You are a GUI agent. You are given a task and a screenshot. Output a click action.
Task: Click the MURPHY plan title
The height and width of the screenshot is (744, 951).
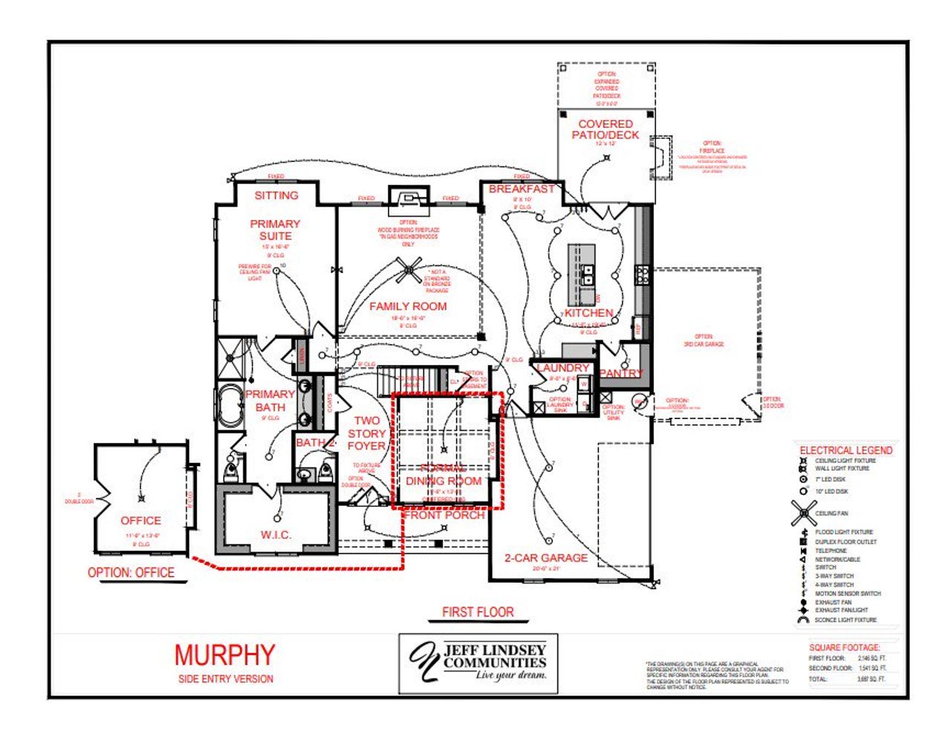(224, 655)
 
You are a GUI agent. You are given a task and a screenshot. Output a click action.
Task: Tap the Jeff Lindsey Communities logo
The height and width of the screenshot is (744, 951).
(478, 662)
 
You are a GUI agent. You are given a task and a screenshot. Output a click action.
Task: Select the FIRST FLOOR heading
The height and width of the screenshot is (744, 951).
(478, 612)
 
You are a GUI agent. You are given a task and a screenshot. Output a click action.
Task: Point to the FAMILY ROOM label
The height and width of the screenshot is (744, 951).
(408, 306)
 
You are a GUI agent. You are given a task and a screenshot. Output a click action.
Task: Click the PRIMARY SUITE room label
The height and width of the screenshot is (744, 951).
(275, 230)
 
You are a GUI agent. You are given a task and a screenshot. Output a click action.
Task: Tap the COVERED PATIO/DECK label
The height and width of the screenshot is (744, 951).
(606, 129)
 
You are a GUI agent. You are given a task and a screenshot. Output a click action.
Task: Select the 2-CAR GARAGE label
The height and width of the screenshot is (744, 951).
(546, 557)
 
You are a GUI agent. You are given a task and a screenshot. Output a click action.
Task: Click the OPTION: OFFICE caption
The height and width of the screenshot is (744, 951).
(131, 572)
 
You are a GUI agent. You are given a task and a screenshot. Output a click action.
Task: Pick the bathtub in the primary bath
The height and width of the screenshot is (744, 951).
(231, 406)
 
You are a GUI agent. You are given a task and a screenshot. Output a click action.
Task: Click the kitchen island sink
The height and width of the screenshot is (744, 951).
(587, 274)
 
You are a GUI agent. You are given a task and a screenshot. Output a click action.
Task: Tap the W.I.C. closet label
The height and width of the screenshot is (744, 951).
(276, 534)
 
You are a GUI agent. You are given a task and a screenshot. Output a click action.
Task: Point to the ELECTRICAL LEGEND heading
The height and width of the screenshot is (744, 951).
(845, 450)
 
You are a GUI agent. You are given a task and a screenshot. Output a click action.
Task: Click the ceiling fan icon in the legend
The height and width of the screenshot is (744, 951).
(803, 513)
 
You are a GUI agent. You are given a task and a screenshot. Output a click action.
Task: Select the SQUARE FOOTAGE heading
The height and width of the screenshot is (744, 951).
(844, 647)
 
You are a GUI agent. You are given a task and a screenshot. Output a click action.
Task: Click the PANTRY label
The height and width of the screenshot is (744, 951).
(621, 373)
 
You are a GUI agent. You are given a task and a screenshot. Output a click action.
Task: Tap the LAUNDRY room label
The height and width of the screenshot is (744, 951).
(562, 368)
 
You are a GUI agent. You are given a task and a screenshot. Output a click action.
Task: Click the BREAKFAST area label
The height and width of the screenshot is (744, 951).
(522, 190)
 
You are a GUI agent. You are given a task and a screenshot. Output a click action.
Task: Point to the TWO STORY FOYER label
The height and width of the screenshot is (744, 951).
(367, 433)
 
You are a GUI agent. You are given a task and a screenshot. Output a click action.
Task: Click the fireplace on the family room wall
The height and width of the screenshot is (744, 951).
(408, 198)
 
